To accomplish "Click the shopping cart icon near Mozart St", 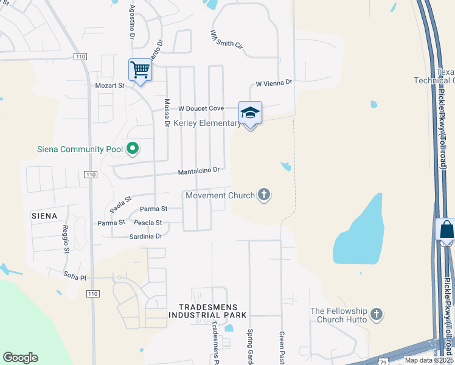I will pos(140,71).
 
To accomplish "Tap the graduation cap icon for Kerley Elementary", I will pos(250,113).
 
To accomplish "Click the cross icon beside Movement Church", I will pos(263,195).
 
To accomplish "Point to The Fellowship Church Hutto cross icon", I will pos(377,315).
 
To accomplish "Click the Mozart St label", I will pos(109,86).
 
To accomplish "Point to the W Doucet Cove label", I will pos(201,108).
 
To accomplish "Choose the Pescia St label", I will pos(148,223).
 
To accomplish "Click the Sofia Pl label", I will pos(75,276).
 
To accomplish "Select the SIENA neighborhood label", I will pos(44,215).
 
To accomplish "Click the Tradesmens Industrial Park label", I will pos(207,311).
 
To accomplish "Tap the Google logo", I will pos(20,358).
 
